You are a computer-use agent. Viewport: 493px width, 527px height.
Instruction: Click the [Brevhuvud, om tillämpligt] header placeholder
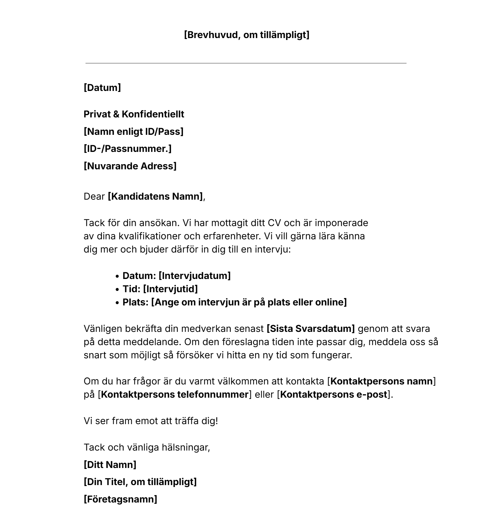(246, 35)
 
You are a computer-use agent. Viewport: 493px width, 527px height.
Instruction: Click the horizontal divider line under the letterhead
(246, 63)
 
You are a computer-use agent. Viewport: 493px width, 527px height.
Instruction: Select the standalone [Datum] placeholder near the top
(102, 88)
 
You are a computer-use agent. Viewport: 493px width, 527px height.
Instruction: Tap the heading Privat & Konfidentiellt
(134, 114)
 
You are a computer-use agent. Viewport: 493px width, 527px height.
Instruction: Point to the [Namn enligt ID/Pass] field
(134, 132)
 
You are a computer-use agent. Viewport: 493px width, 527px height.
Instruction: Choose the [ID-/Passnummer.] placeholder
(127, 149)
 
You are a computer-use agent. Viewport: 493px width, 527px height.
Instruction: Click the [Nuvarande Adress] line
(130, 166)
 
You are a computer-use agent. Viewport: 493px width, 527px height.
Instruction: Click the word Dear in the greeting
(94, 196)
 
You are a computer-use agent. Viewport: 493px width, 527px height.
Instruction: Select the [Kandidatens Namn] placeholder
(155, 196)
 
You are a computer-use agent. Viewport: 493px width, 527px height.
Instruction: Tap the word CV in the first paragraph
(275, 223)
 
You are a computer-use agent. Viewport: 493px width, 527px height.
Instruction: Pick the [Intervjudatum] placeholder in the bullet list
(195, 276)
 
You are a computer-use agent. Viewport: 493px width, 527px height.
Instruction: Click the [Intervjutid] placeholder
(170, 289)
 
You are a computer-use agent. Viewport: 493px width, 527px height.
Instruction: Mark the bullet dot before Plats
(118, 303)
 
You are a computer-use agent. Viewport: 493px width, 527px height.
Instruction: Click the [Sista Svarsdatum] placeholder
(310, 329)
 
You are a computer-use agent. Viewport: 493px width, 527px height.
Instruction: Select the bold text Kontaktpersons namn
(382, 381)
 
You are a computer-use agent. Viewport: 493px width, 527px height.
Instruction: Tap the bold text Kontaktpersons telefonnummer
(175, 394)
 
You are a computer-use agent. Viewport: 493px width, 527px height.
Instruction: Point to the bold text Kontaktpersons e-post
(334, 394)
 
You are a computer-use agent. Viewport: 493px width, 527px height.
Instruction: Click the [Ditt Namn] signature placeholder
(110, 465)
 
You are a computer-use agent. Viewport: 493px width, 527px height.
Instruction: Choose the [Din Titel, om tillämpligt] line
(140, 482)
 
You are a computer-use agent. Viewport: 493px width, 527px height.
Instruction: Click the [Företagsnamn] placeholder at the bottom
(120, 499)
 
